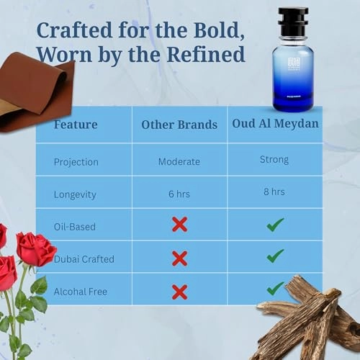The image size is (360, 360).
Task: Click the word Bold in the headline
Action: [x=213, y=30]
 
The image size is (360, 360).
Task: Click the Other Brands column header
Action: [x=179, y=124]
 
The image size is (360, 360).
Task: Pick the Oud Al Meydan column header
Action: [x=275, y=123]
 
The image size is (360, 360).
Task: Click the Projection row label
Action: [x=77, y=161]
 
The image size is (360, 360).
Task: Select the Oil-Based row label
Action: [x=75, y=226]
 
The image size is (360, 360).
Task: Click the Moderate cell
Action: [x=179, y=161]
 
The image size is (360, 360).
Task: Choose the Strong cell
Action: [x=274, y=160]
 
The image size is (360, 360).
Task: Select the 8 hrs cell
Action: [x=274, y=192]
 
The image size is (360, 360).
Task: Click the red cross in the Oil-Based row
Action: [x=180, y=224]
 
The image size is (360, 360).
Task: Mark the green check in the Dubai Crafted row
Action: [x=275, y=256]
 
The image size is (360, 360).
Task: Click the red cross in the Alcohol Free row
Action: [x=180, y=292]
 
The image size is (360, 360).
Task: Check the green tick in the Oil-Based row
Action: [x=275, y=225]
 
